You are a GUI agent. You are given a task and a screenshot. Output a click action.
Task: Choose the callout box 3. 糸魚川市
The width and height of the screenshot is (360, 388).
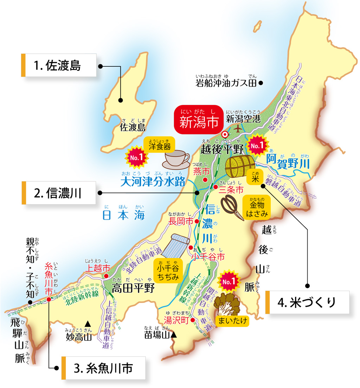(x=104, y=368)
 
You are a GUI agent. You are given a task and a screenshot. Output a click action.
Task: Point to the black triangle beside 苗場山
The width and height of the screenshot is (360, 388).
(x=174, y=336)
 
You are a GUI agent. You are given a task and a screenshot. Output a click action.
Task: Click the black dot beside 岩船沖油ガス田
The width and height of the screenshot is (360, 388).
(x=261, y=83)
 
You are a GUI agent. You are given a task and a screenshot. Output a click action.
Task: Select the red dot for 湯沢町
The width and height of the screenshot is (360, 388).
(x=193, y=320)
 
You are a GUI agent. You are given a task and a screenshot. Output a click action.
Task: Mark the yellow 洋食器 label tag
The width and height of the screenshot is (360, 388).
(x=159, y=145)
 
